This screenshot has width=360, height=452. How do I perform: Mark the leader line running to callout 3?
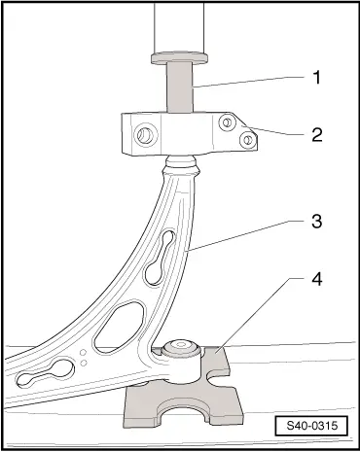click(243, 236)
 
